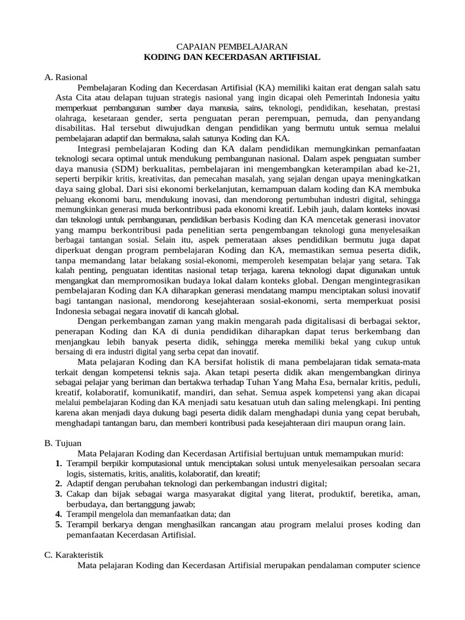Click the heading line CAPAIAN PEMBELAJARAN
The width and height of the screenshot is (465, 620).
(231, 47)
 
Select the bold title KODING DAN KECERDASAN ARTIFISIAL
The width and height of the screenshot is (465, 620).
(231, 57)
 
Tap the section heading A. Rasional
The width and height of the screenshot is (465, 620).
(66, 77)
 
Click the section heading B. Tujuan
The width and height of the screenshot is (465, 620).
(64, 443)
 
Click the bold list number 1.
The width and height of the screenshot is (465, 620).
(59, 464)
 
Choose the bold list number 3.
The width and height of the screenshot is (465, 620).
(59, 494)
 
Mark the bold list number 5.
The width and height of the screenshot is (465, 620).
(59, 525)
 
